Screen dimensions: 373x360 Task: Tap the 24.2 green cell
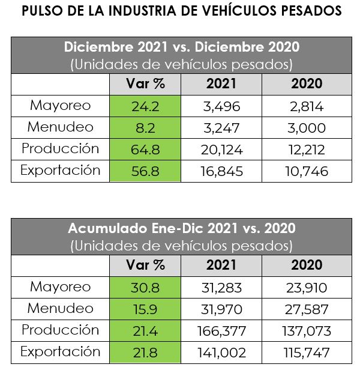(145, 106)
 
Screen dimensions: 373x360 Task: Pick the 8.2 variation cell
(145, 128)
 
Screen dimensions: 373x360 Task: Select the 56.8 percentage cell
(145, 171)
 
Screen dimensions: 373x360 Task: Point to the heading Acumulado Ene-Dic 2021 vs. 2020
(182, 228)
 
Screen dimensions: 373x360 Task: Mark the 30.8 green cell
(145, 288)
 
